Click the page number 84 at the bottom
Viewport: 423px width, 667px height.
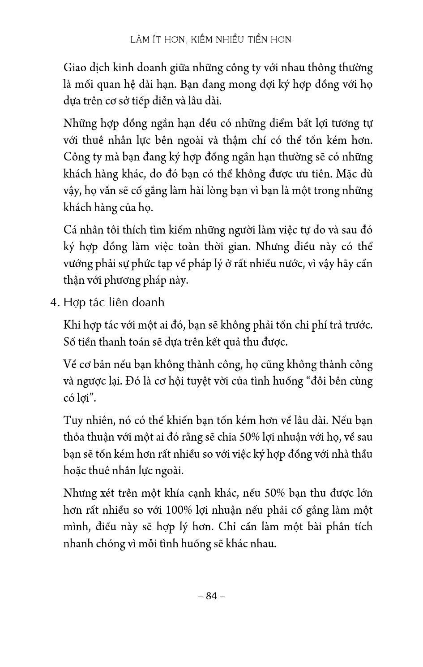[211, 596]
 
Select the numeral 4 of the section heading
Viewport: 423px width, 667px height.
[54, 303]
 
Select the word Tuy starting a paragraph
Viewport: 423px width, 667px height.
[73, 420]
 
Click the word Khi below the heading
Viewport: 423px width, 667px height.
[73, 325]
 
